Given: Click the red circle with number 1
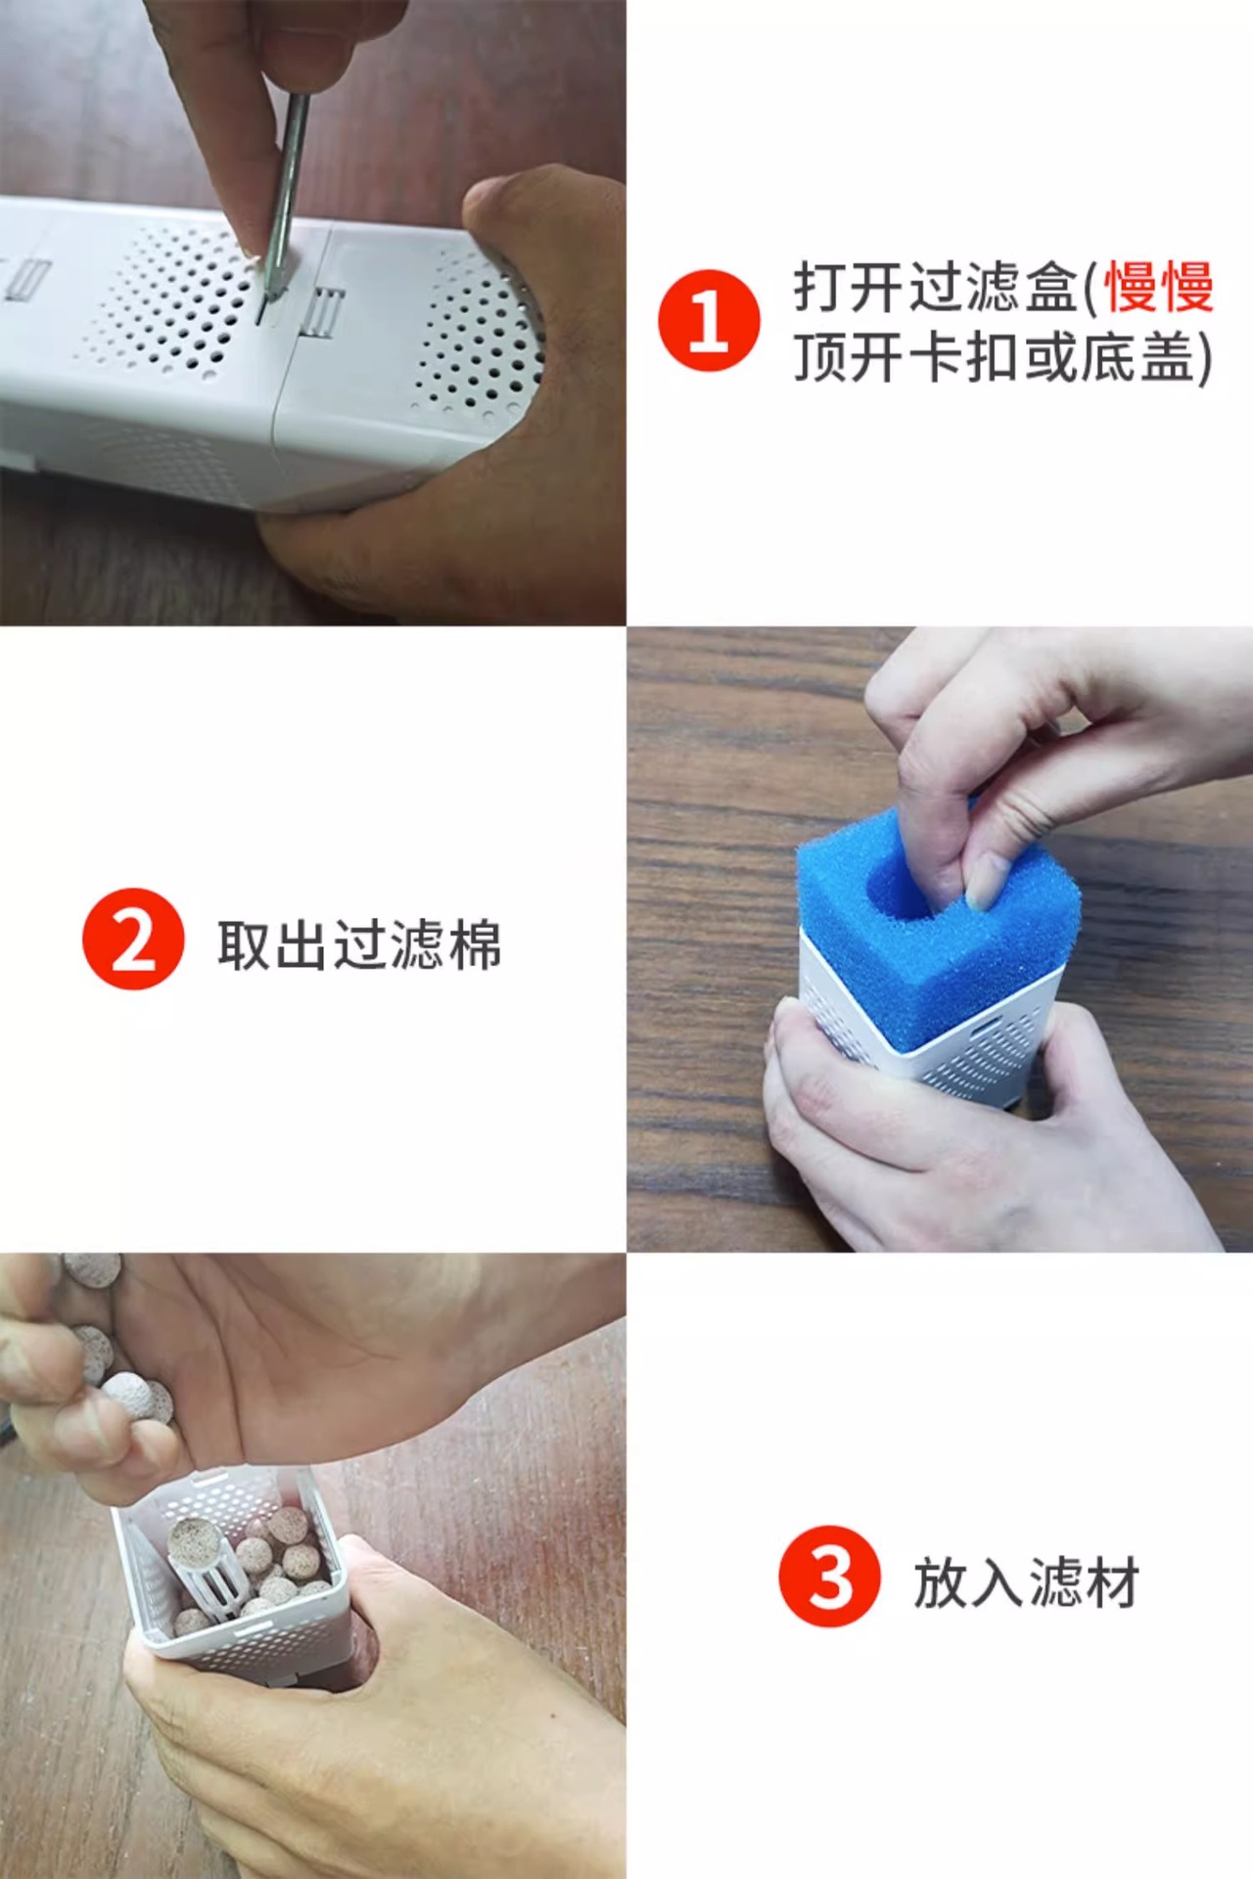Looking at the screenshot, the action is (x=709, y=321).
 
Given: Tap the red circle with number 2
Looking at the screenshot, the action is (x=133, y=939).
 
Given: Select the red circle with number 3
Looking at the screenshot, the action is (x=830, y=1577).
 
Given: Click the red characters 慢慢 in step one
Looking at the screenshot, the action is (x=1159, y=288).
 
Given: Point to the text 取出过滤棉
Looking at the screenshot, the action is (x=359, y=944).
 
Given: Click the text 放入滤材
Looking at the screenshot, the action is (x=1026, y=1582).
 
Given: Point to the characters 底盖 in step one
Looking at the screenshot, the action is (x=1138, y=356).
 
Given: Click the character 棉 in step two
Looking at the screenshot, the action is (x=475, y=944).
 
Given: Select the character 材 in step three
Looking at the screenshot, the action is (x=1112, y=1582).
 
